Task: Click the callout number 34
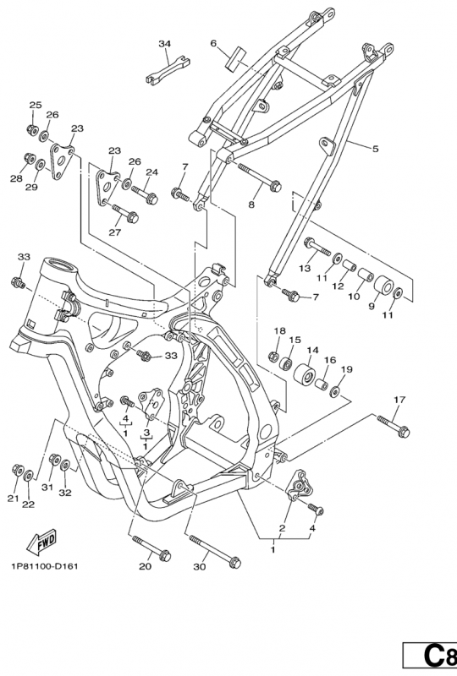click(x=164, y=43)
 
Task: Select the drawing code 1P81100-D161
click(x=45, y=565)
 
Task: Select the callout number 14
click(x=312, y=350)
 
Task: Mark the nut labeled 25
click(x=31, y=130)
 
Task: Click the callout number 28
click(x=16, y=178)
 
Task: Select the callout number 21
click(x=14, y=499)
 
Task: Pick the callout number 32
click(x=65, y=493)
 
